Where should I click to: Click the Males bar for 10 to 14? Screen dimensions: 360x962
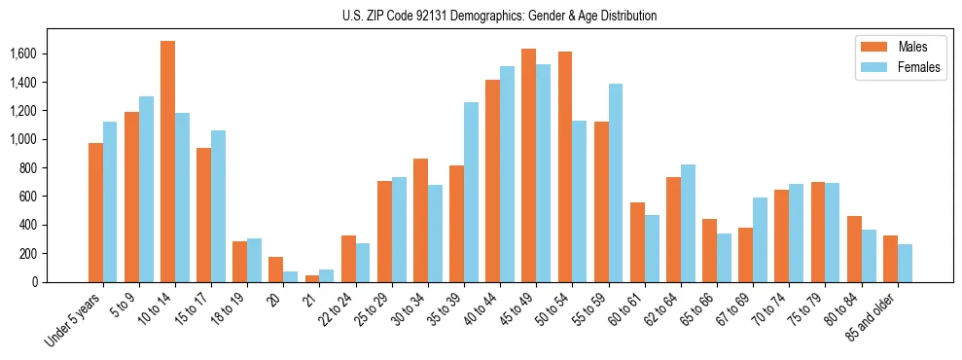tap(168, 162)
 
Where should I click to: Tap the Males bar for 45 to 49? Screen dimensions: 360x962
tap(528, 165)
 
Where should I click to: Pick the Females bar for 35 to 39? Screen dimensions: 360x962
tap(472, 192)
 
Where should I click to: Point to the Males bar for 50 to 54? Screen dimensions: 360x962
tap(564, 166)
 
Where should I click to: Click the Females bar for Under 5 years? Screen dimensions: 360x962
tap(110, 201)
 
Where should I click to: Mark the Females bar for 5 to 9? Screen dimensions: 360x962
tap(146, 189)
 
